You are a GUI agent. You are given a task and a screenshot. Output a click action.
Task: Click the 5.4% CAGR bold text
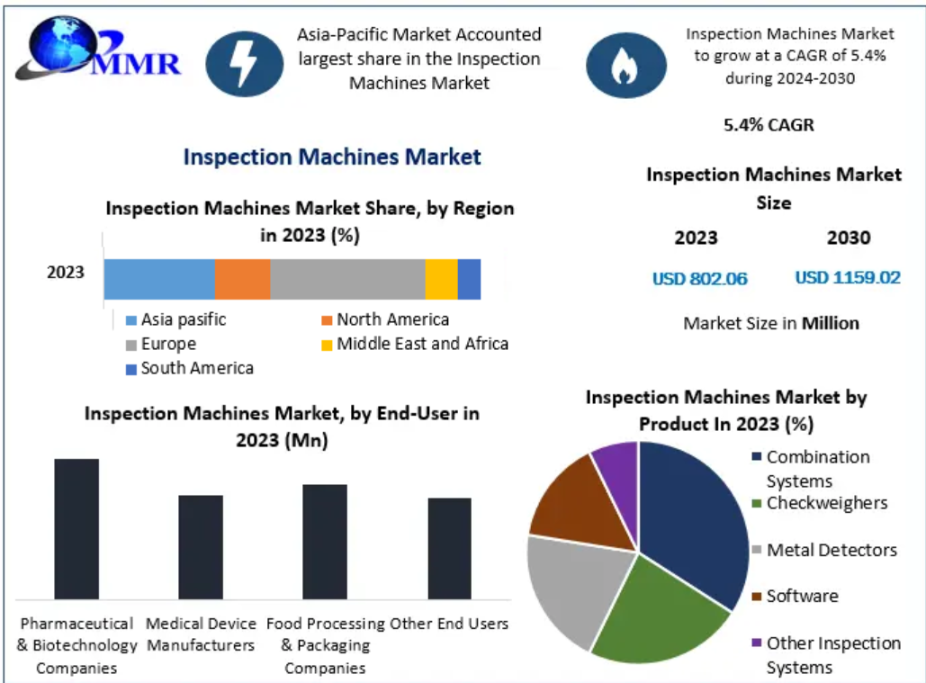(769, 125)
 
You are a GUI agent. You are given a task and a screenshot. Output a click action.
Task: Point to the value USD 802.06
(700, 279)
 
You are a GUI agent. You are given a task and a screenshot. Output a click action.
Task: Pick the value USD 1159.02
(848, 278)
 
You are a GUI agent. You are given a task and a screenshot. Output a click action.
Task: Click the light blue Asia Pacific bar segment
(159, 279)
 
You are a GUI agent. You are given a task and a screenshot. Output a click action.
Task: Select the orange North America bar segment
(242, 279)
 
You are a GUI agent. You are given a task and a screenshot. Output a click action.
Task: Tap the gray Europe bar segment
(347, 279)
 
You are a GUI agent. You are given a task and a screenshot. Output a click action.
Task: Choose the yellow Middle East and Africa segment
(441, 279)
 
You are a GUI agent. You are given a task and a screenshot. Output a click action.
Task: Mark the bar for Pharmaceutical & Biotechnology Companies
(76, 529)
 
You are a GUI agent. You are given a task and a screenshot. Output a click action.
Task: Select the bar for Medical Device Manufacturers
(200, 547)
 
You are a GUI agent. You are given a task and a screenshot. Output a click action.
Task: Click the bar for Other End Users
(449, 549)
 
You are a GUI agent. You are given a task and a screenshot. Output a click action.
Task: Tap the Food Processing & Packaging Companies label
(324, 646)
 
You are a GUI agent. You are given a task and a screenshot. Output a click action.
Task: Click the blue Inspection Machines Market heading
(332, 157)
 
